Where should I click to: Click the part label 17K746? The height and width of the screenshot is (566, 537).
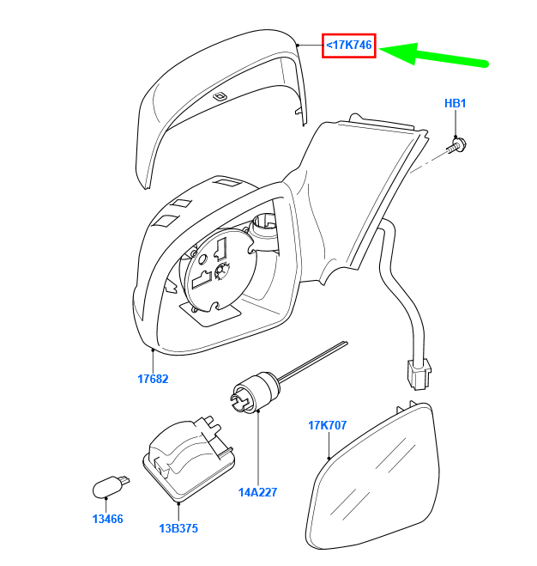[x=349, y=46]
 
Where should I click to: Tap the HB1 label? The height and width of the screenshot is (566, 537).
[x=456, y=103]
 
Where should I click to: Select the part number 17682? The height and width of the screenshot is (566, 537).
[x=153, y=379]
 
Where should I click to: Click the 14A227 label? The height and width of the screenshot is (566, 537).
[x=257, y=492]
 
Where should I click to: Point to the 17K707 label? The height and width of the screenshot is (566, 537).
[x=327, y=425]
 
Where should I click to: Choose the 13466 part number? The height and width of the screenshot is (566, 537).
[x=107, y=519]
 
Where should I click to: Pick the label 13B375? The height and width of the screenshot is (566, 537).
[x=178, y=528]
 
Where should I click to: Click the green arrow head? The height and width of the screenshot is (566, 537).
[x=401, y=53]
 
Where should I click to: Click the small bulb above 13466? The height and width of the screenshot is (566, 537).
[x=109, y=487]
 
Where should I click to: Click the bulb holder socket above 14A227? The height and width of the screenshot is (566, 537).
[x=255, y=392]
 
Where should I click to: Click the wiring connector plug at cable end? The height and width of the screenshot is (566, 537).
[x=419, y=374]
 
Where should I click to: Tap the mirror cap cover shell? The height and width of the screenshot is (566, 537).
[x=220, y=101]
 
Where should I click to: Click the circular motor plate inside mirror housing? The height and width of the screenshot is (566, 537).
[x=219, y=271]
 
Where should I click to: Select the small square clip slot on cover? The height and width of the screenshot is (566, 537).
[x=220, y=96]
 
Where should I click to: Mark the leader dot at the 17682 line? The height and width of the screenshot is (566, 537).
[x=153, y=350]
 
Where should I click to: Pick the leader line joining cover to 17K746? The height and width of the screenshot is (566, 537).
[x=311, y=46]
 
